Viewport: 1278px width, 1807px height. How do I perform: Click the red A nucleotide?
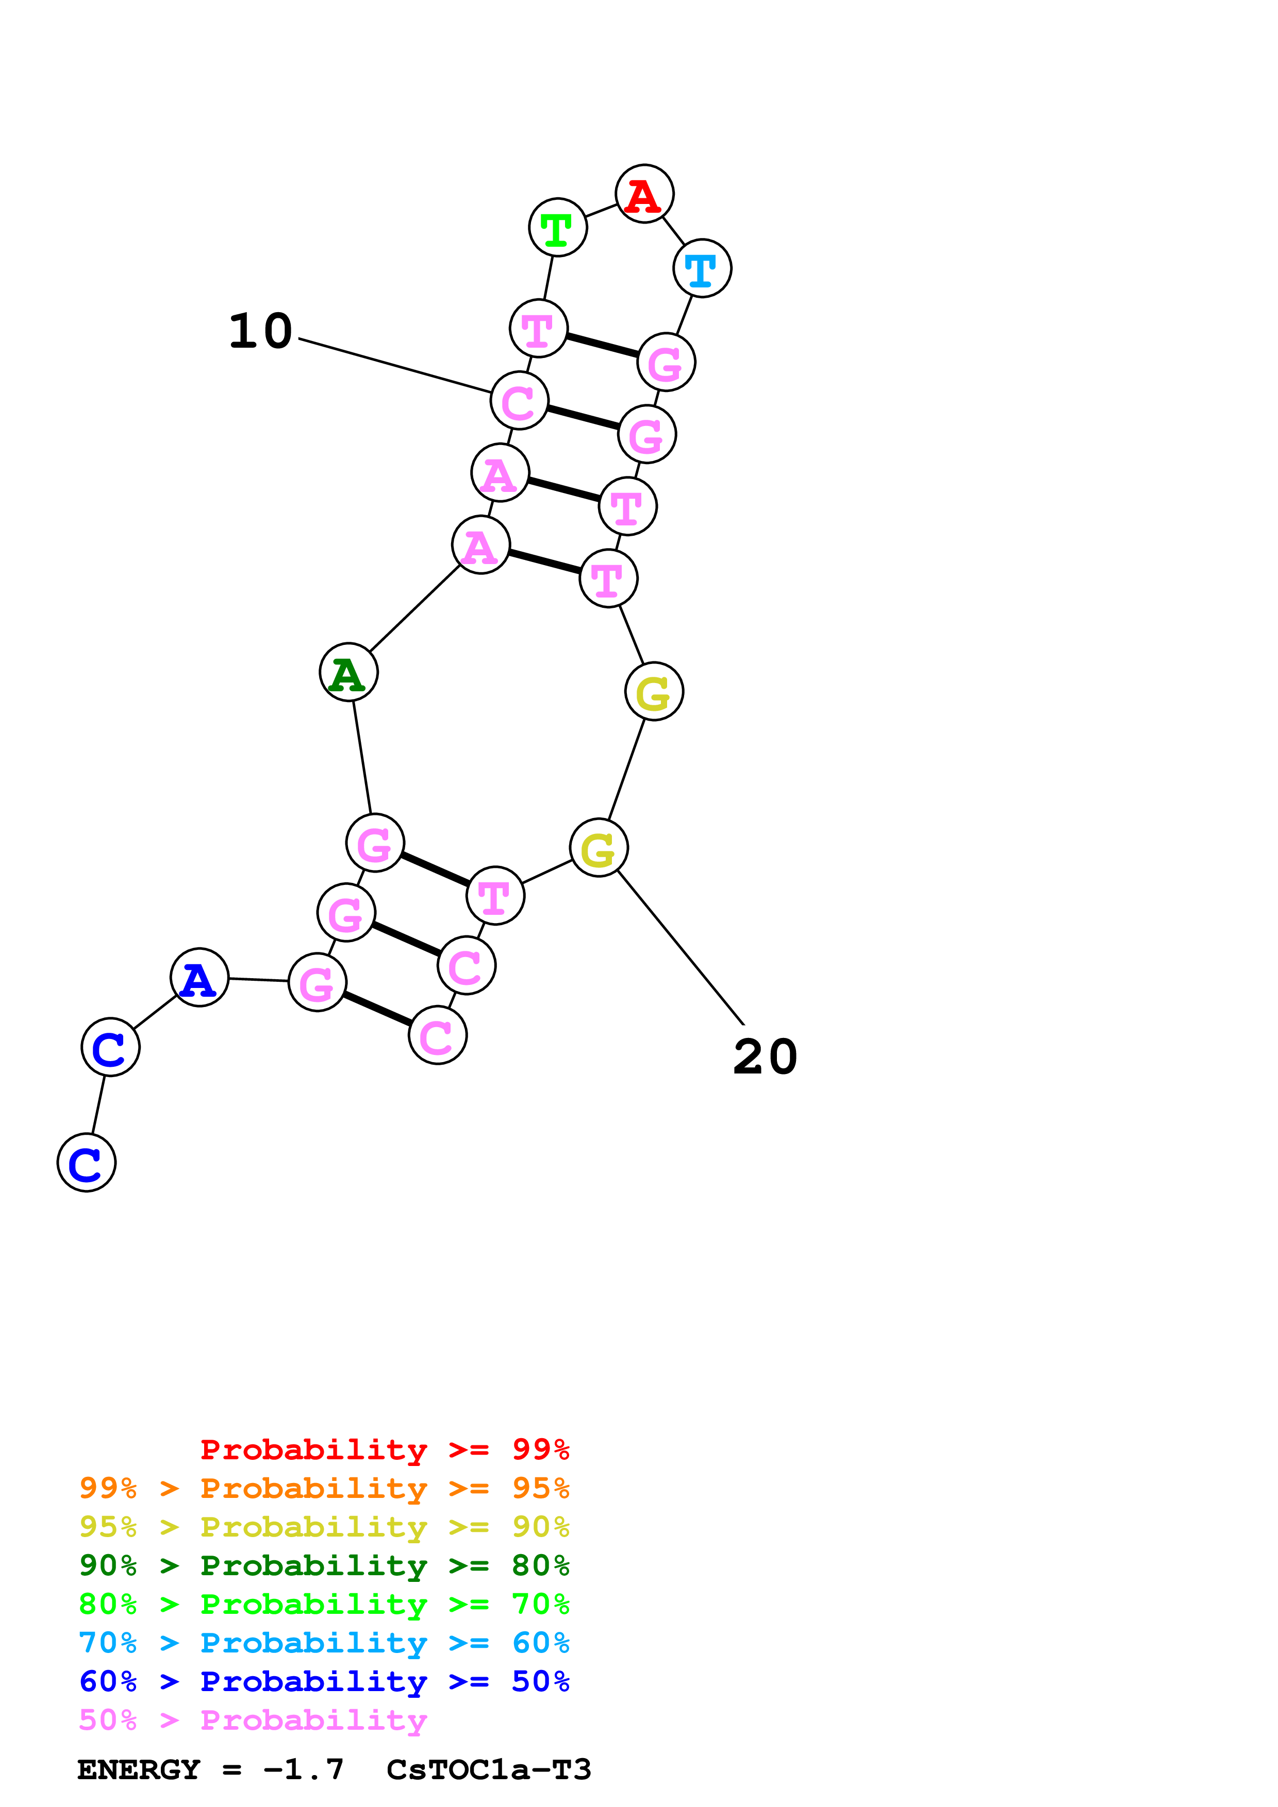click(x=644, y=194)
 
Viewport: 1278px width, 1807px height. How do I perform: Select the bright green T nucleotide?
click(x=557, y=228)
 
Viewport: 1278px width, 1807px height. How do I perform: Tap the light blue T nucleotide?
click(x=702, y=268)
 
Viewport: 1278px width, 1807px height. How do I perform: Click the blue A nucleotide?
click(x=199, y=978)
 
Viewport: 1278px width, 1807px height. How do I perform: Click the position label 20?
click(x=765, y=1057)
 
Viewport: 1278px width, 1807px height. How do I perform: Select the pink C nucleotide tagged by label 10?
click(x=519, y=401)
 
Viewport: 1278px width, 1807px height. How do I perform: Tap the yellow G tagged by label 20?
click(x=599, y=848)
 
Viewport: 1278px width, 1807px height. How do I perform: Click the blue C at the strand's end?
click(x=87, y=1163)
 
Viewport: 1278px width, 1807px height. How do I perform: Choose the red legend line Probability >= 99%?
click(x=384, y=1450)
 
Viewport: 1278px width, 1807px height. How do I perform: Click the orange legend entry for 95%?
click(x=324, y=1488)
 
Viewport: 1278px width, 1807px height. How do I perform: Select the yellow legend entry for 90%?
click(x=324, y=1527)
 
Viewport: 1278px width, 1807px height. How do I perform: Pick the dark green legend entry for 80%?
click(x=324, y=1565)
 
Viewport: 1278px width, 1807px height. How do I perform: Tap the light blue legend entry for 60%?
click(x=324, y=1643)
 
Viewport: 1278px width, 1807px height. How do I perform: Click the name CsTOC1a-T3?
click(x=488, y=1769)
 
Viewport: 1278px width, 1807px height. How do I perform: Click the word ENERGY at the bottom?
click(x=139, y=1769)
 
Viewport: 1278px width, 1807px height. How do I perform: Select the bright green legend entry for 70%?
click(x=324, y=1604)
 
